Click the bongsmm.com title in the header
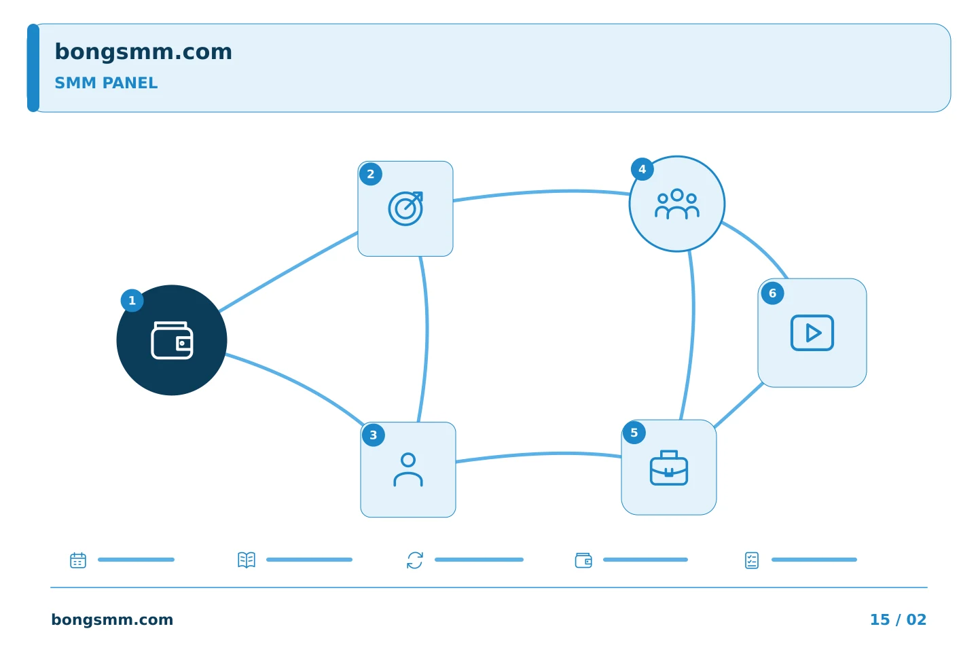[x=143, y=52]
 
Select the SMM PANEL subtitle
[x=106, y=83]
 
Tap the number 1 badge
[x=132, y=300]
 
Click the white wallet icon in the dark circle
[x=172, y=340]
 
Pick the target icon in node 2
[x=405, y=209]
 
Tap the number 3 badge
[x=374, y=435]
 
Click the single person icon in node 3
[x=408, y=470]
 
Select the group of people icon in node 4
[x=677, y=204]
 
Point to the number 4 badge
[x=642, y=169]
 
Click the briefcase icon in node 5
[x=669, y=468]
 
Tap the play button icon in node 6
[x=812, y=333]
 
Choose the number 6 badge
[x=772, y=293]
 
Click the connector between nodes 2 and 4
[x=541, y=192]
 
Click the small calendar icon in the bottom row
[x=78, y=560]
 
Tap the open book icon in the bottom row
[x=247, y=560]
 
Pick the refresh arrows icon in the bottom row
[x=415, y=560]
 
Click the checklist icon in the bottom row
[x=752, y=560]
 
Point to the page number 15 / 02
[x=898, y=619]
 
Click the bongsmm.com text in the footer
[x=112, y=619]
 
